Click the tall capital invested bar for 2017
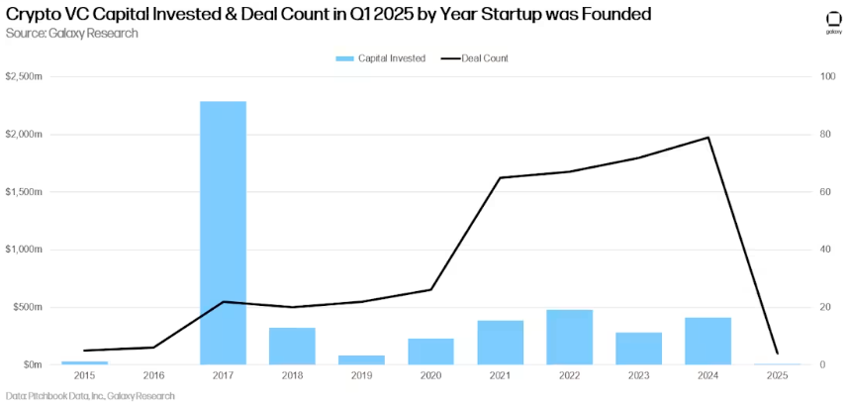[223, 233]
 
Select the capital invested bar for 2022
[569, 338]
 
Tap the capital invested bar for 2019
[361, 359]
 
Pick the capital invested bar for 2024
[707, 341]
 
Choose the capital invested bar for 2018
[292, 346]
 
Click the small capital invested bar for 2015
[84, 362]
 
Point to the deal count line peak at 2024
[707, 138]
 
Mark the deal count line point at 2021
[500, 178]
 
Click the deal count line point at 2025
[777, 353]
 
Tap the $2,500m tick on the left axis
[24, 76]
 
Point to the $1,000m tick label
[24, 250]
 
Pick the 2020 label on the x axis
[430, 377]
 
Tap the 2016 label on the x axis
[153, 377]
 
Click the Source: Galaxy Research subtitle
[72, 33]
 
